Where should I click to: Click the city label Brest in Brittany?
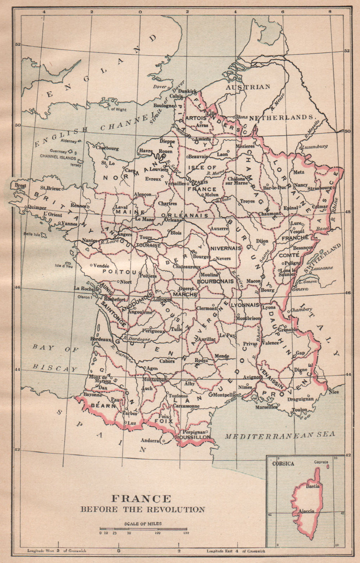pos(20,186)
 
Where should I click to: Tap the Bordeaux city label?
pos(100,339)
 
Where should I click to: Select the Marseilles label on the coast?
pos(266,407)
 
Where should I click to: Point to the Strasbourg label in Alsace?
pos(320,188)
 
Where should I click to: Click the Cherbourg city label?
pos(107,148)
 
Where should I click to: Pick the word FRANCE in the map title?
pos(141,499)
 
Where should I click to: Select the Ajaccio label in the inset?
pos(306,511)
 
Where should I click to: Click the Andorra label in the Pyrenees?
pos(150,440)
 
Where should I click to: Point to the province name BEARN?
pos(103,405)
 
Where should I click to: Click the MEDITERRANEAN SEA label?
pos(280,435)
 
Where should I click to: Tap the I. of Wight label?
pos(117,109)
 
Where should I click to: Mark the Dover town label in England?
pos(160,87)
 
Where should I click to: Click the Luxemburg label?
pos(315,147)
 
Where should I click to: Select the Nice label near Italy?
pos(334,392)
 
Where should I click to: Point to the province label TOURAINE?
pos(148,245)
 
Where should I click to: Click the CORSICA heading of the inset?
pos(283,464)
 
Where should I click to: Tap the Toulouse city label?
pos(178,396)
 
